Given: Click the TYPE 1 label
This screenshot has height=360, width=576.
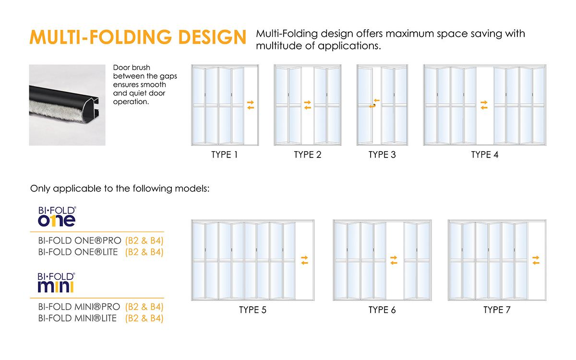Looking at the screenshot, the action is tap(225, 155).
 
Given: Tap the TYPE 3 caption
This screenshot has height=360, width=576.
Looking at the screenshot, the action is tap(382, 155).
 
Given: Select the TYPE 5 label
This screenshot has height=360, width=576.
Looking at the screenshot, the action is tap(253, 310).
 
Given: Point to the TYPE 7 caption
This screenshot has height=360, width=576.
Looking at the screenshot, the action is tap(497, 310).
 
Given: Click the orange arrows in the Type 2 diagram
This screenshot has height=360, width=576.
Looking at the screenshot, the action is tap(308, 105).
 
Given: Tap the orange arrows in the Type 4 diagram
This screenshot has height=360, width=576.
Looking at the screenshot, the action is tap(484, 105).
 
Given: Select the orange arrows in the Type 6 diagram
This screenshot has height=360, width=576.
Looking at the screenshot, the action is tap(394, 260).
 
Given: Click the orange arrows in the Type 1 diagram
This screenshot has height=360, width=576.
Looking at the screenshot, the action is tap(251, 105).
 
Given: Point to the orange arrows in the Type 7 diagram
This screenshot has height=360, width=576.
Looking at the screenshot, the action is tap(536, 260).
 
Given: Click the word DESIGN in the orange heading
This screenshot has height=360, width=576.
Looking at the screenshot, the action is tap(212, 37).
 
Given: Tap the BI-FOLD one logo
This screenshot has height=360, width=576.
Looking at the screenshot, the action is tap(57, 216).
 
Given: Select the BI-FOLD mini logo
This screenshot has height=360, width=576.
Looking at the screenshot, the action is tap(56, 283).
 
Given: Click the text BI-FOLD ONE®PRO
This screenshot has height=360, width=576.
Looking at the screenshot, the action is tap(80, 240).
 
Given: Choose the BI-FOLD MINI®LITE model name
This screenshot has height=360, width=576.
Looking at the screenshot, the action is tap(77, 318).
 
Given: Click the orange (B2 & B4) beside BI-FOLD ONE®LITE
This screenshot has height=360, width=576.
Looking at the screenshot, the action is tap(144, 252).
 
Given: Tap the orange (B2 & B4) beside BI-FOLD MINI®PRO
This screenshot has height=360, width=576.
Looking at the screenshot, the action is tap(144, 307).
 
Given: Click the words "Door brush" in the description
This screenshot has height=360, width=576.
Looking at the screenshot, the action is tap(132, 68).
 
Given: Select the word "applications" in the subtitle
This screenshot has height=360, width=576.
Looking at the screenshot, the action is tap(349, 46).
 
